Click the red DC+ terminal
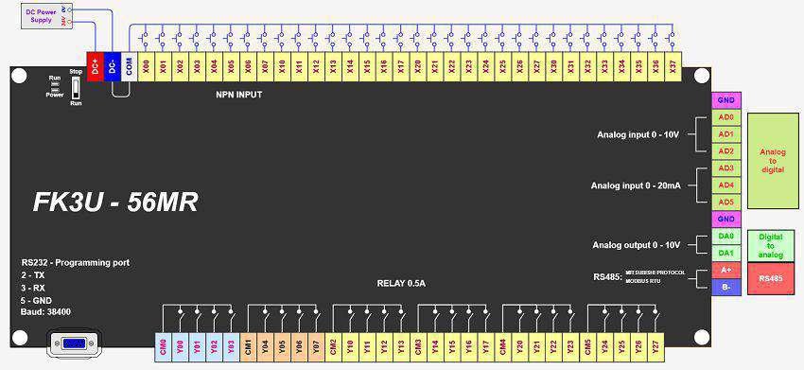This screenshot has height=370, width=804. coord(95,67)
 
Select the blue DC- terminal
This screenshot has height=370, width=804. coord(112,67)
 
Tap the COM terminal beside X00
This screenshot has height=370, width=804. coord(129,67)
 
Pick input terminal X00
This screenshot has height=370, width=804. coord(146,67)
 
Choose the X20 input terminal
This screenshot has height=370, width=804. coord(417,67)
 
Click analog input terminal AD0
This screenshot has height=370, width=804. coord(725,117)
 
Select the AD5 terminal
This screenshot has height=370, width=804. coord(725,202)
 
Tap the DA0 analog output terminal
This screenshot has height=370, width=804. coord(725,236)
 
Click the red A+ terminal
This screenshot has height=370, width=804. coord(725,270)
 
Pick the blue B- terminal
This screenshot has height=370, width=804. coord(725,287)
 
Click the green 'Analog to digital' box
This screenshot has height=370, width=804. coord(773,160)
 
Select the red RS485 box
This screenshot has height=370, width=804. coord(773,278)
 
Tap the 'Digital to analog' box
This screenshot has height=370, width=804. coord(773,244)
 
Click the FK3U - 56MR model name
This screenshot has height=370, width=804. coord(115,203)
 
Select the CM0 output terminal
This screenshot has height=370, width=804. coord(163,345)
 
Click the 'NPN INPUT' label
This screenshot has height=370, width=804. coord(239,95)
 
